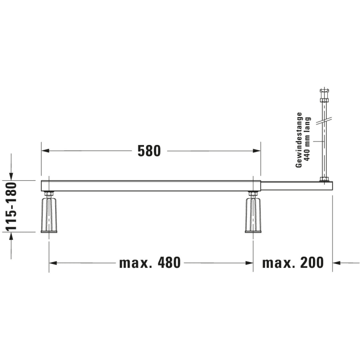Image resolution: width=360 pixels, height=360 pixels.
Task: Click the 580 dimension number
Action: [149, 151]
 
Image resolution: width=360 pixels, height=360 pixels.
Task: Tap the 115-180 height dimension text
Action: [11, 206]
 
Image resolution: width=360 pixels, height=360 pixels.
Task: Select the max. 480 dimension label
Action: [150, 263]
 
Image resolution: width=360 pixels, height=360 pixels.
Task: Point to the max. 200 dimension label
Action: [293, 263]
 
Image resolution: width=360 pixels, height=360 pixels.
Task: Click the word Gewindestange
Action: [299, 140]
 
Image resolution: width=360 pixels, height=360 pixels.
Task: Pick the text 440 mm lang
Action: [307, 139]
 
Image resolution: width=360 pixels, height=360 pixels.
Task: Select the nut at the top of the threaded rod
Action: [324, 100]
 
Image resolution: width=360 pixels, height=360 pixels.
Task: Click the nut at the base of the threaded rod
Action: [324, 179]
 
